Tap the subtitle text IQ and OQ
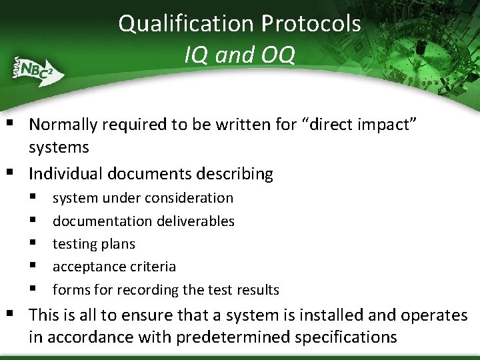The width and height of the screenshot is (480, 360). (239, 55)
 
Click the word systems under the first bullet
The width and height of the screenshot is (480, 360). (59, 147)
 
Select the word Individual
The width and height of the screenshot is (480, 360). (72, 174)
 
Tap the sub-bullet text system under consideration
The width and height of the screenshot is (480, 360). (143, 198)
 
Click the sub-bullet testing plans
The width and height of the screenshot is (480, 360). (93, 244)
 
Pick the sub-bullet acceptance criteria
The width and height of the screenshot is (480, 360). (114, 267)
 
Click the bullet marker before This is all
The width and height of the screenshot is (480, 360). (15, 315)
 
